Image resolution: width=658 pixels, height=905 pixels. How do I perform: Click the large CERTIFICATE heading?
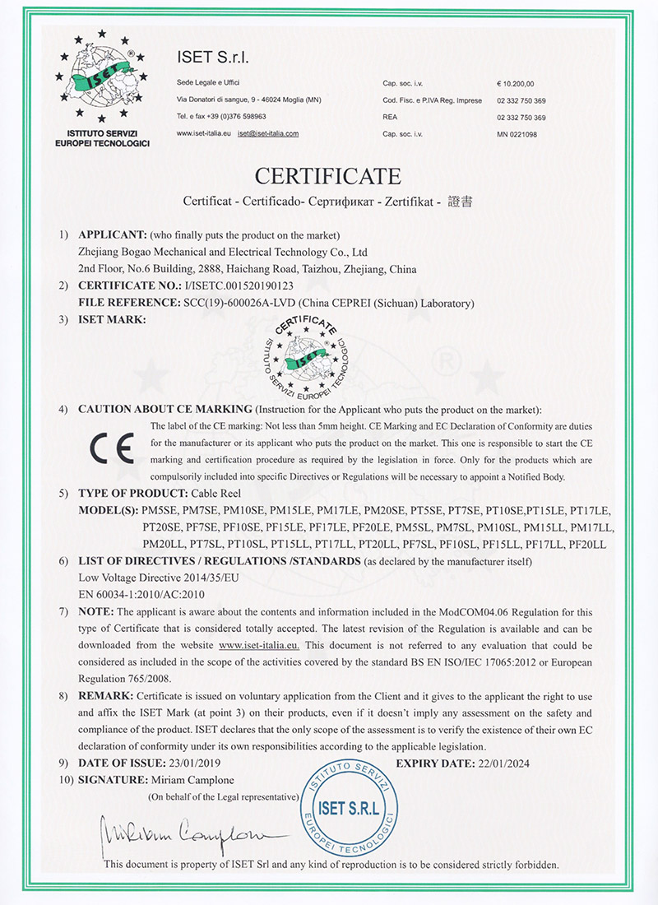pos(328,176)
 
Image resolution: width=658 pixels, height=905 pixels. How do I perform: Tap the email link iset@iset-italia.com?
pos(267,133)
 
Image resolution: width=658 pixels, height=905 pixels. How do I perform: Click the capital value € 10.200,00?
pos(516,84)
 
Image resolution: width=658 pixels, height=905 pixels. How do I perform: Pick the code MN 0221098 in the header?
pos(517,133)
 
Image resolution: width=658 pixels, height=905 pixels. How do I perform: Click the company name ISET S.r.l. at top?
pos(212,58)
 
